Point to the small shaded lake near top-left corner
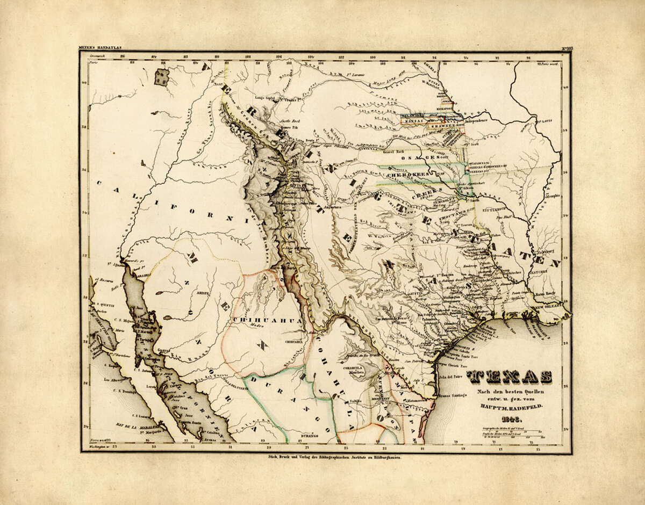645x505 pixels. [161, 77]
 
